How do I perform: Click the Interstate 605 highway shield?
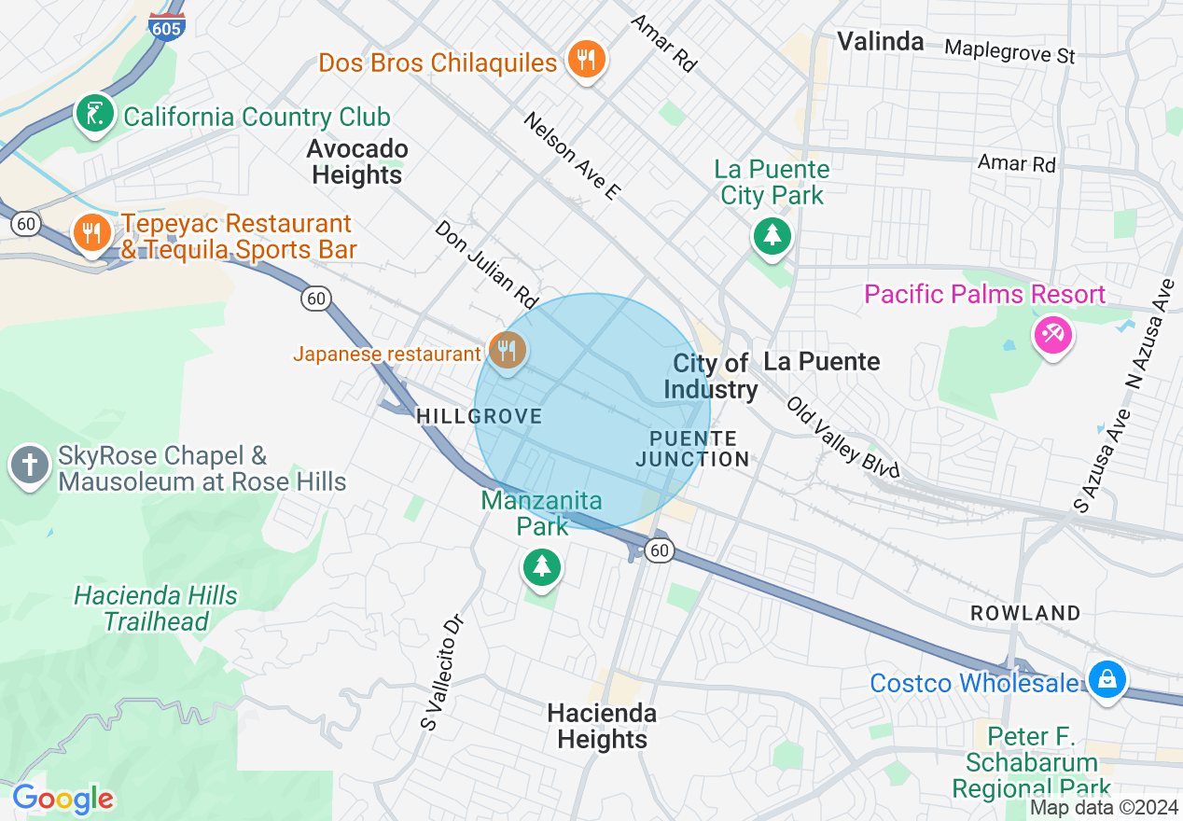point(166,26)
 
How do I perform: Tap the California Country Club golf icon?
point(94,115)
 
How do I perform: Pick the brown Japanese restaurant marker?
point(507,352)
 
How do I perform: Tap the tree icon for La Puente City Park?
point(772,235)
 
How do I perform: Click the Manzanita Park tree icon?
point(541,565)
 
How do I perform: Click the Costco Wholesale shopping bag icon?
point(1106,680)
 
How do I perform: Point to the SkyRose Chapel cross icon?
point(30,465)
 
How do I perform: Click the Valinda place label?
point(880,41)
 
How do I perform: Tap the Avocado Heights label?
point(357,162)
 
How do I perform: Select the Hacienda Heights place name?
point(602,726)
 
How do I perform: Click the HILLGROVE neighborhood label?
point(480,416)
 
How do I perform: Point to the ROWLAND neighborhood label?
point(1025,613)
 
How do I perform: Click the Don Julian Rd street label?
point(487,265)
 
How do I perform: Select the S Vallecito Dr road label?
point(442,672)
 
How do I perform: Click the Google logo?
point(63,799)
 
